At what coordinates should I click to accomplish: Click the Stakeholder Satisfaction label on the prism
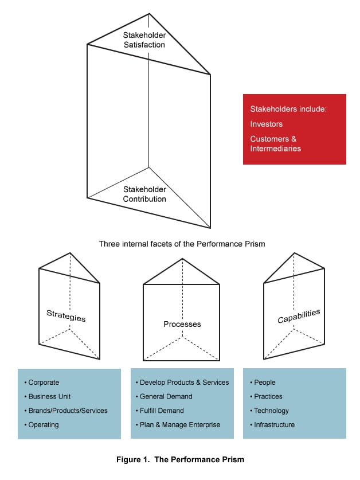pos(144,40)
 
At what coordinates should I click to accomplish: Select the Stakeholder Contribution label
pos(144,194)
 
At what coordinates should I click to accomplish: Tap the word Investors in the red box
pos(266,124)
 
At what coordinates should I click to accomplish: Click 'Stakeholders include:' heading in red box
pos(288,109)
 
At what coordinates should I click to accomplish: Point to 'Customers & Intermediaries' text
pos(276,143)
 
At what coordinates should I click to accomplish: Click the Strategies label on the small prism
pos(66,316)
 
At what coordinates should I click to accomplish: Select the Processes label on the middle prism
pos(182,324)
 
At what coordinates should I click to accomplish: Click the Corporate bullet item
pos(44,383)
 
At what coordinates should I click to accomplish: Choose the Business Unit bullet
pos(49,396)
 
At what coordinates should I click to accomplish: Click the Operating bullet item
pos(44,425)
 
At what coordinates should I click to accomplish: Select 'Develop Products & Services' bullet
pos(184,383)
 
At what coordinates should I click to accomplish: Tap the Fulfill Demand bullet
pos(162,411)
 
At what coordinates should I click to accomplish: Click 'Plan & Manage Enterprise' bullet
pos(179,425)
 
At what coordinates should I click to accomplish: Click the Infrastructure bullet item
pos(275,425)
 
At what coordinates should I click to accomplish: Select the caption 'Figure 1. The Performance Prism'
pos(181,459)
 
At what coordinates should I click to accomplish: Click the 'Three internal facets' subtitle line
pos(182,244)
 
